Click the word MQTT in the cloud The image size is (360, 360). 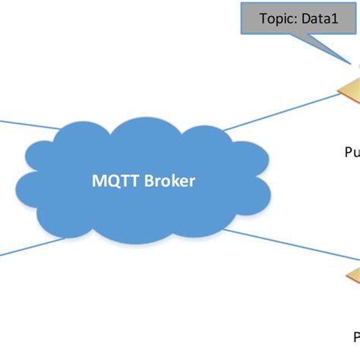[112, 182]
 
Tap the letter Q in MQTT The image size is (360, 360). [109, 182]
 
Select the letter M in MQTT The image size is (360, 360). [96, 182]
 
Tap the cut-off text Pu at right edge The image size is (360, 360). [352, 152]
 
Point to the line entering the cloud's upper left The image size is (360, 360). [30, 124]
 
